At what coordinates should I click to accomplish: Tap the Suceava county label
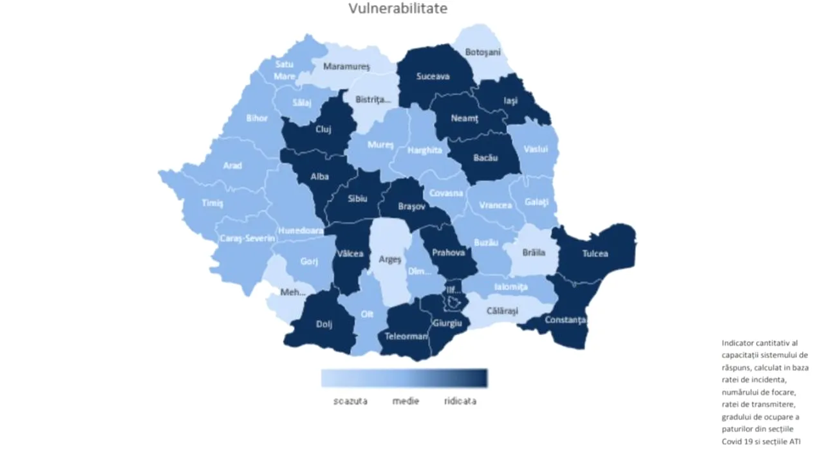(x=433, y=77)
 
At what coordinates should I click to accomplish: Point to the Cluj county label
(x=323, y=129)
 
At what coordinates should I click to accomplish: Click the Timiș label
(x=212, y=203)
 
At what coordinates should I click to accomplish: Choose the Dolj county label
(x=324, y=325)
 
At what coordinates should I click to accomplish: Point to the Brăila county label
(x=533, y=253)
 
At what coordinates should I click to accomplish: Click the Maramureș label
(x=346, y=66)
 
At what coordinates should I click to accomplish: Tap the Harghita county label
(x=424, y=150)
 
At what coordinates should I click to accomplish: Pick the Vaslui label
(x=535, y=149)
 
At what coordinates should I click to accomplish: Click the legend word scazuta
(x=350, y=401)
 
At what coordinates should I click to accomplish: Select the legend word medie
(x=406, y=401)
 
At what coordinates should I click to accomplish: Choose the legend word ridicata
(x=460, y=401)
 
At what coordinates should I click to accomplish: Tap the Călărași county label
(x=502, y=311)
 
